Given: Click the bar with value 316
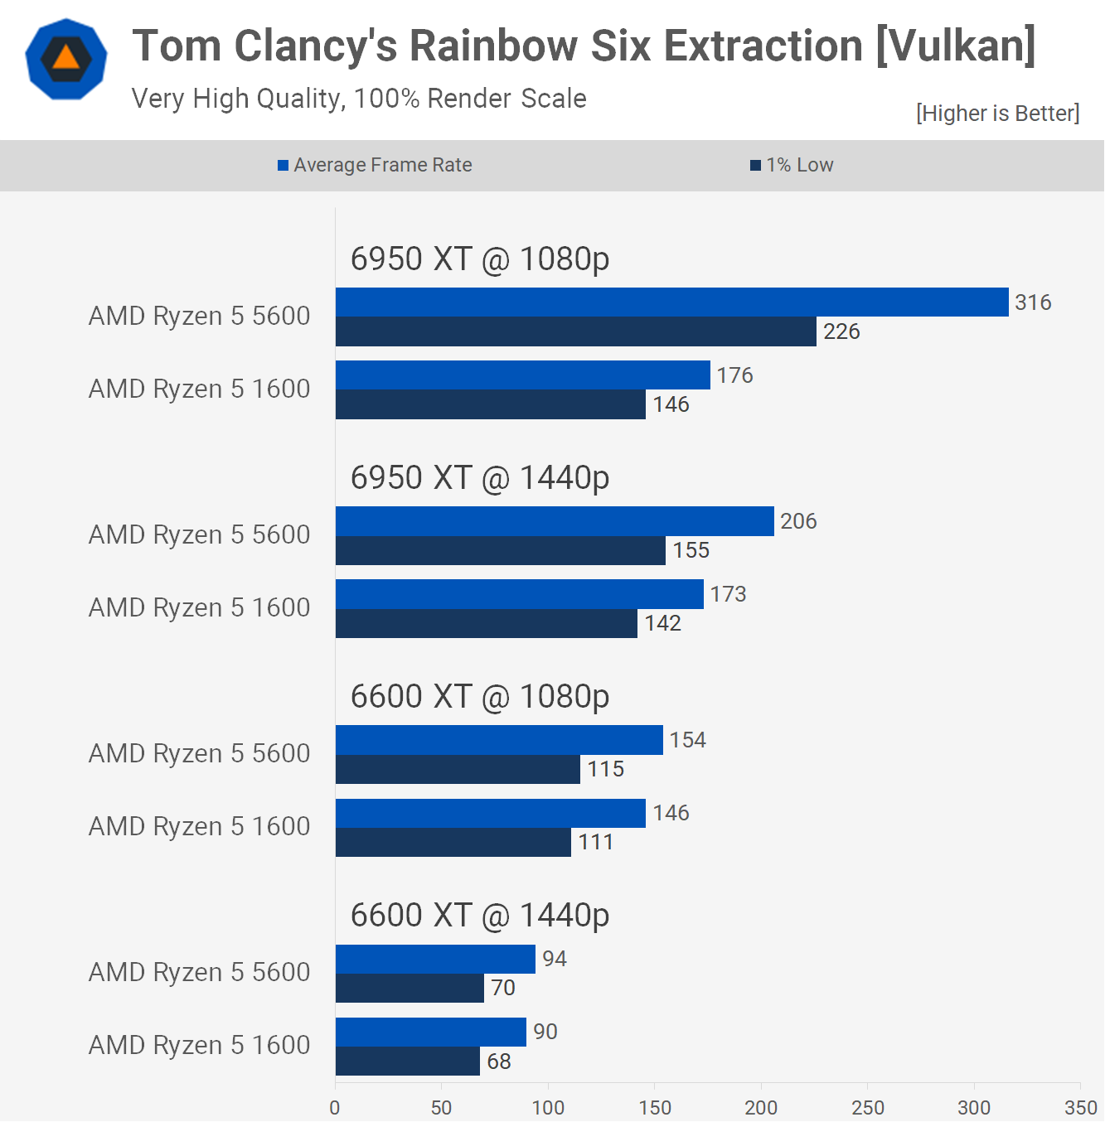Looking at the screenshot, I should coord(671,302).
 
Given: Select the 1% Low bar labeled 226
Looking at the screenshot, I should coord(575,331).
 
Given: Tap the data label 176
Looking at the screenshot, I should coord(734,375).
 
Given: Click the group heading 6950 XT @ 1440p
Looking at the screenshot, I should coord(480,478).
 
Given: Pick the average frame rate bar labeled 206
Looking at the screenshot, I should coord(555,521).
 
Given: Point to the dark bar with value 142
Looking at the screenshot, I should coord(486,623).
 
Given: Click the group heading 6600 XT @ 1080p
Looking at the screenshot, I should coord(480,697).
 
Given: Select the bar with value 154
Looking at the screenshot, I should coord(499,740).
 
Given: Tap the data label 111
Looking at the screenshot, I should coord(595,842).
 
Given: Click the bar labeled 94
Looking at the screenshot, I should coord(435,959).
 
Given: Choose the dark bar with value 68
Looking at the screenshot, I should coord(407,1062).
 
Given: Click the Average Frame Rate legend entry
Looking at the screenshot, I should coord(375,165).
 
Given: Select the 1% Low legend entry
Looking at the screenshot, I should coord(792,165).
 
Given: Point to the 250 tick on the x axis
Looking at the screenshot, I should coord(867,1107).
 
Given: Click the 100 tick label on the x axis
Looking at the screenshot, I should coord(548,1107).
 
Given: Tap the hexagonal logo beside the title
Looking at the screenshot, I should coord(66,60).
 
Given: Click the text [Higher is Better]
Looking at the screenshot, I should coord(997,114).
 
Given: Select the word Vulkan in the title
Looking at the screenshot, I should coord(956,46).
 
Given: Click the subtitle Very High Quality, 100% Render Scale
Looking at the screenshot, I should coord(359,99).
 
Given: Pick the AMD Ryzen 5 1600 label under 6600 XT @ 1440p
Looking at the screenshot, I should coord(199,1045).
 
